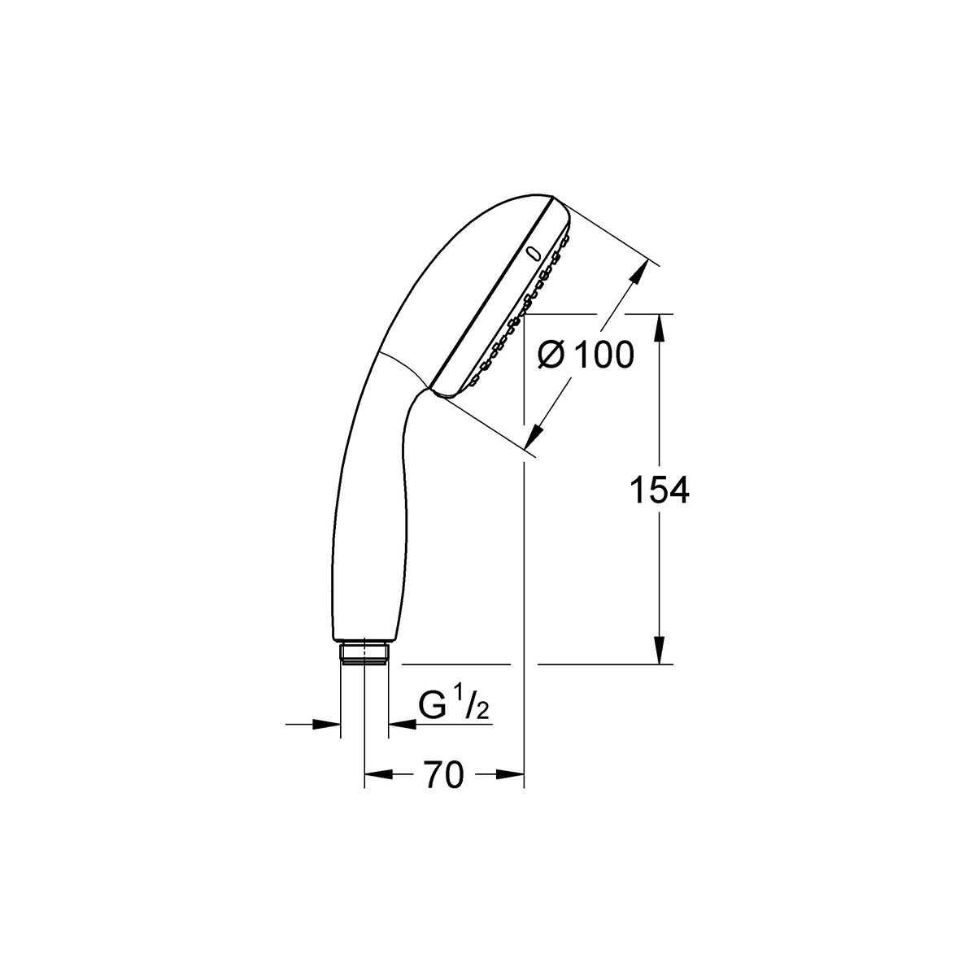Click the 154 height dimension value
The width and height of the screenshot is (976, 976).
660,490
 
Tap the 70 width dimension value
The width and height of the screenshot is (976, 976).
443,775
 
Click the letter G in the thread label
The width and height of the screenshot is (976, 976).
431,706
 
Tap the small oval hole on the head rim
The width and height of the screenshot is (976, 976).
534,255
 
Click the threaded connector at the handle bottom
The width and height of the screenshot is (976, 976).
364,655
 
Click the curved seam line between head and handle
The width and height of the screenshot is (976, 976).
402,366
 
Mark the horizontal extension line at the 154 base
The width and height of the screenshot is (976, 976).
606,664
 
